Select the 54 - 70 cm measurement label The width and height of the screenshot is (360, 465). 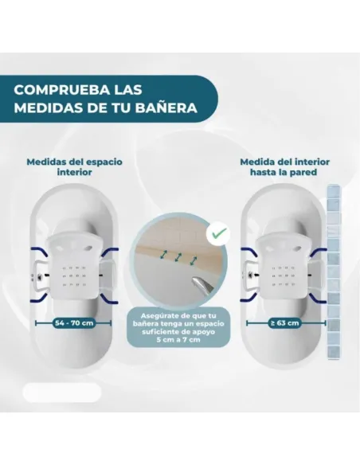click(74, 323)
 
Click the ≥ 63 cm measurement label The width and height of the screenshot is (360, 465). click(284, 322)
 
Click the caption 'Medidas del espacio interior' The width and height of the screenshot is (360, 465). click(74, 167)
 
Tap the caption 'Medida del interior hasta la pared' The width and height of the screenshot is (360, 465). click(284, 167)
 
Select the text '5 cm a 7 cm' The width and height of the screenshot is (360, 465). click(178, 339)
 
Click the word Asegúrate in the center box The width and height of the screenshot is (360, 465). click(157, 316)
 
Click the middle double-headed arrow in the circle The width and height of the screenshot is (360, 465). click(178, 257)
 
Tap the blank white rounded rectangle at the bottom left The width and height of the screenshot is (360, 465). click(62, 393)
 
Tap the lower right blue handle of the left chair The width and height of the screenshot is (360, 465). click(110, 299)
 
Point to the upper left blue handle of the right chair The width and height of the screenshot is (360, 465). click(249, 252)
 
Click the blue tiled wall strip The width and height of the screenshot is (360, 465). click(333, 272)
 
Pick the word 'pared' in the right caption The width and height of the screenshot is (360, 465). click(304, 172)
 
